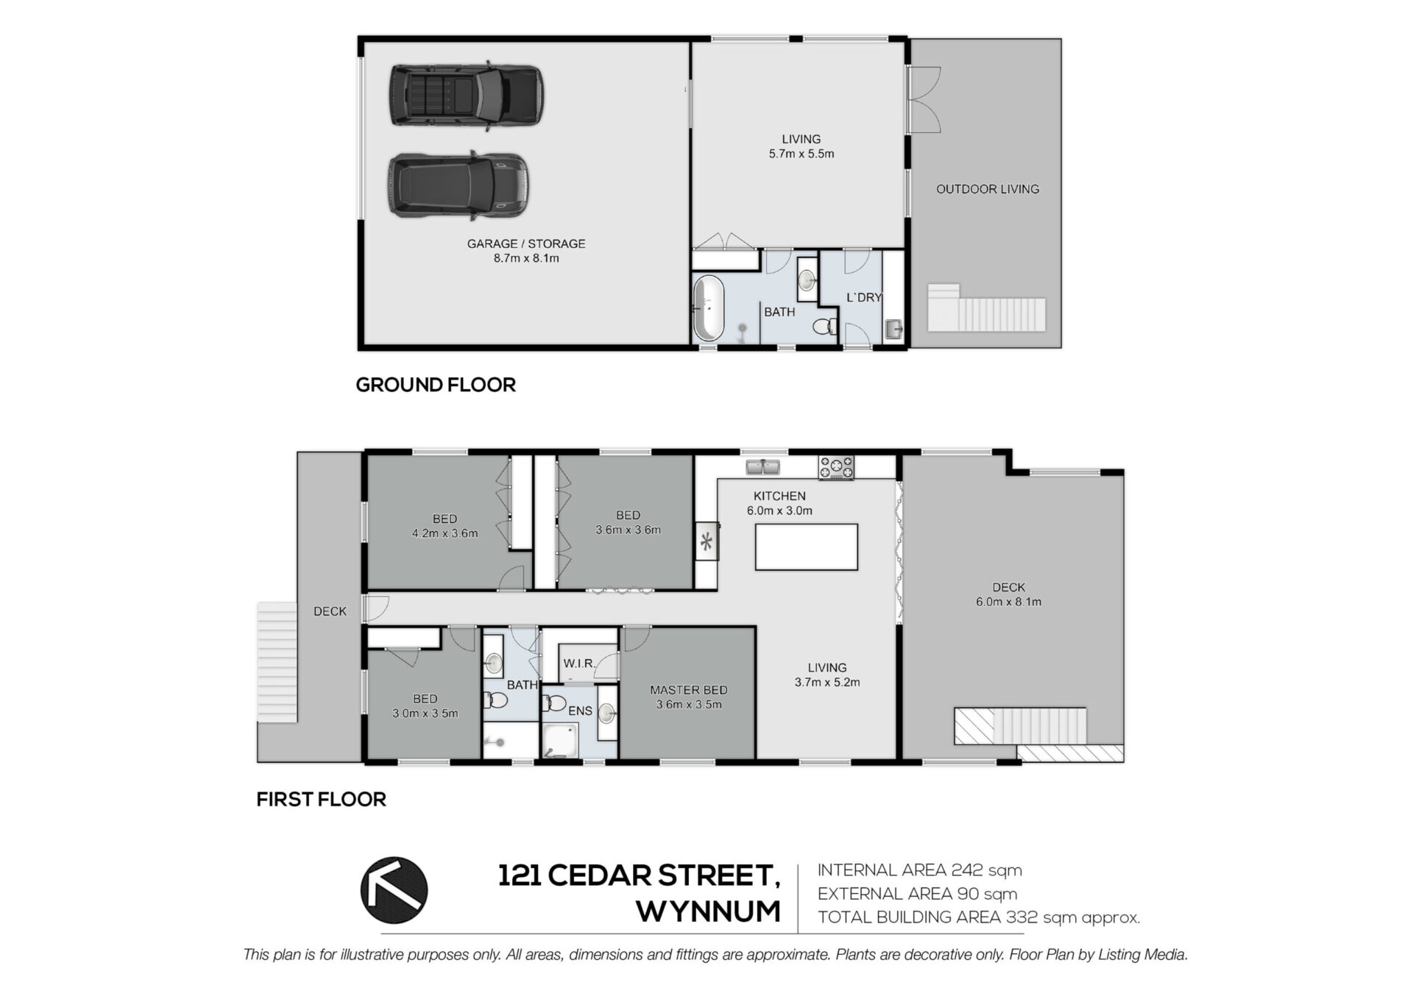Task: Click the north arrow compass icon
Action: point(394,890)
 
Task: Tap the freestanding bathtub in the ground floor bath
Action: point(709,308)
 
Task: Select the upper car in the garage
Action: point(467,97)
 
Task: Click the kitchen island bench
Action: point(806,547)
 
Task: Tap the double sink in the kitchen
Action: point(763,466)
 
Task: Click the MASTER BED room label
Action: point(688,690)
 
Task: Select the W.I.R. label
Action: point(579,664)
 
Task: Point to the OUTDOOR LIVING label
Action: point(988,189)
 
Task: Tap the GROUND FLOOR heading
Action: point(436,385)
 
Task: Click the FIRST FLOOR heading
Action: point(321,800)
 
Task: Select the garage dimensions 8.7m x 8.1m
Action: point(526,258)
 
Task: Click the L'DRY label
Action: point(864,297)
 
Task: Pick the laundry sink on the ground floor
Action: point(894,328)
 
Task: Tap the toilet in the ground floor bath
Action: point(825,326)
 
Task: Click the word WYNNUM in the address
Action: point(708,912)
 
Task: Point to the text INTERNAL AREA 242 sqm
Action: point(920,870)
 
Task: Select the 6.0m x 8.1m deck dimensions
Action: point(1008,602)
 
